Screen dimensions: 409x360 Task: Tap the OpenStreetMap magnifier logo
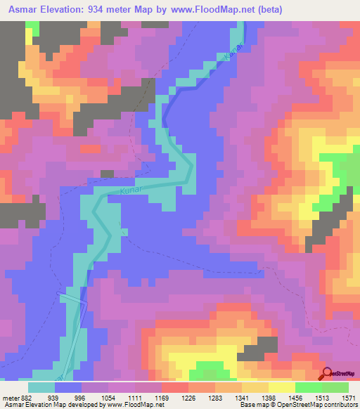click(327, 375)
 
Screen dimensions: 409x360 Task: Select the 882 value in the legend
click(23, 397)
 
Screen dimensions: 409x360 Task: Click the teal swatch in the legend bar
click(41, 387)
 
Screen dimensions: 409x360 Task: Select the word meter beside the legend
click(9, 397)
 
